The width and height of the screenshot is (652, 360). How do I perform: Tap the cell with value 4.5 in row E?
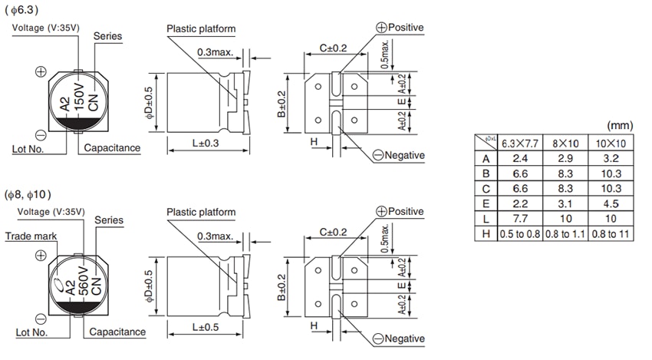(611, 204)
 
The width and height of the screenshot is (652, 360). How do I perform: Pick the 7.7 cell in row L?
(520, 219)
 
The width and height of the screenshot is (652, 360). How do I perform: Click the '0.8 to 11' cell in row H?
(611, 234)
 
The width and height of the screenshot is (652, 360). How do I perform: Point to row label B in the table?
(486, 173)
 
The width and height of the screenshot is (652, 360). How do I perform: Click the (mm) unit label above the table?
(620, 124)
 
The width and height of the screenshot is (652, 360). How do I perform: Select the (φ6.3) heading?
(22, 10)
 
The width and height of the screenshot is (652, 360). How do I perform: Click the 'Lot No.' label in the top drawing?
(31, 148)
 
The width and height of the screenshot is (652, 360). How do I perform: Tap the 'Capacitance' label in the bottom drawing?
(117, 332)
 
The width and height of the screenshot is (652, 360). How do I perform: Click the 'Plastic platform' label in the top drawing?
(201, 29)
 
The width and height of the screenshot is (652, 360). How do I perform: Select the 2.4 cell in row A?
(520, 159)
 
